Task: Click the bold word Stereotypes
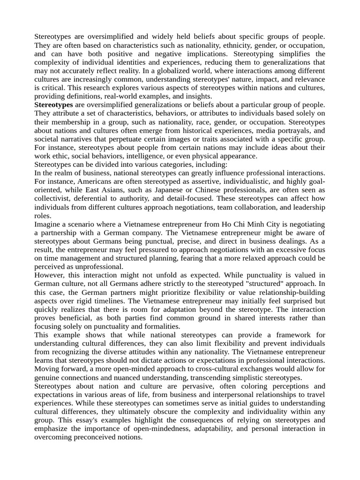(x=53, y=105)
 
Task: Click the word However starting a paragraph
(x=50, y=275)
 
